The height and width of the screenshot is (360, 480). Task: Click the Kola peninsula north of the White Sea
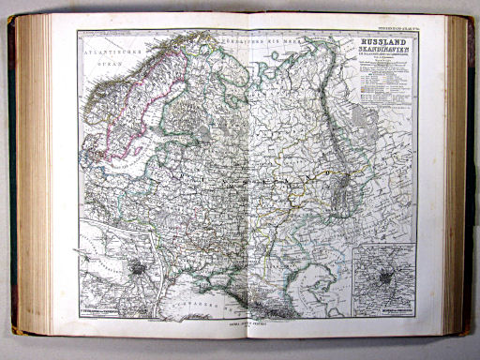pos(217,70)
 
